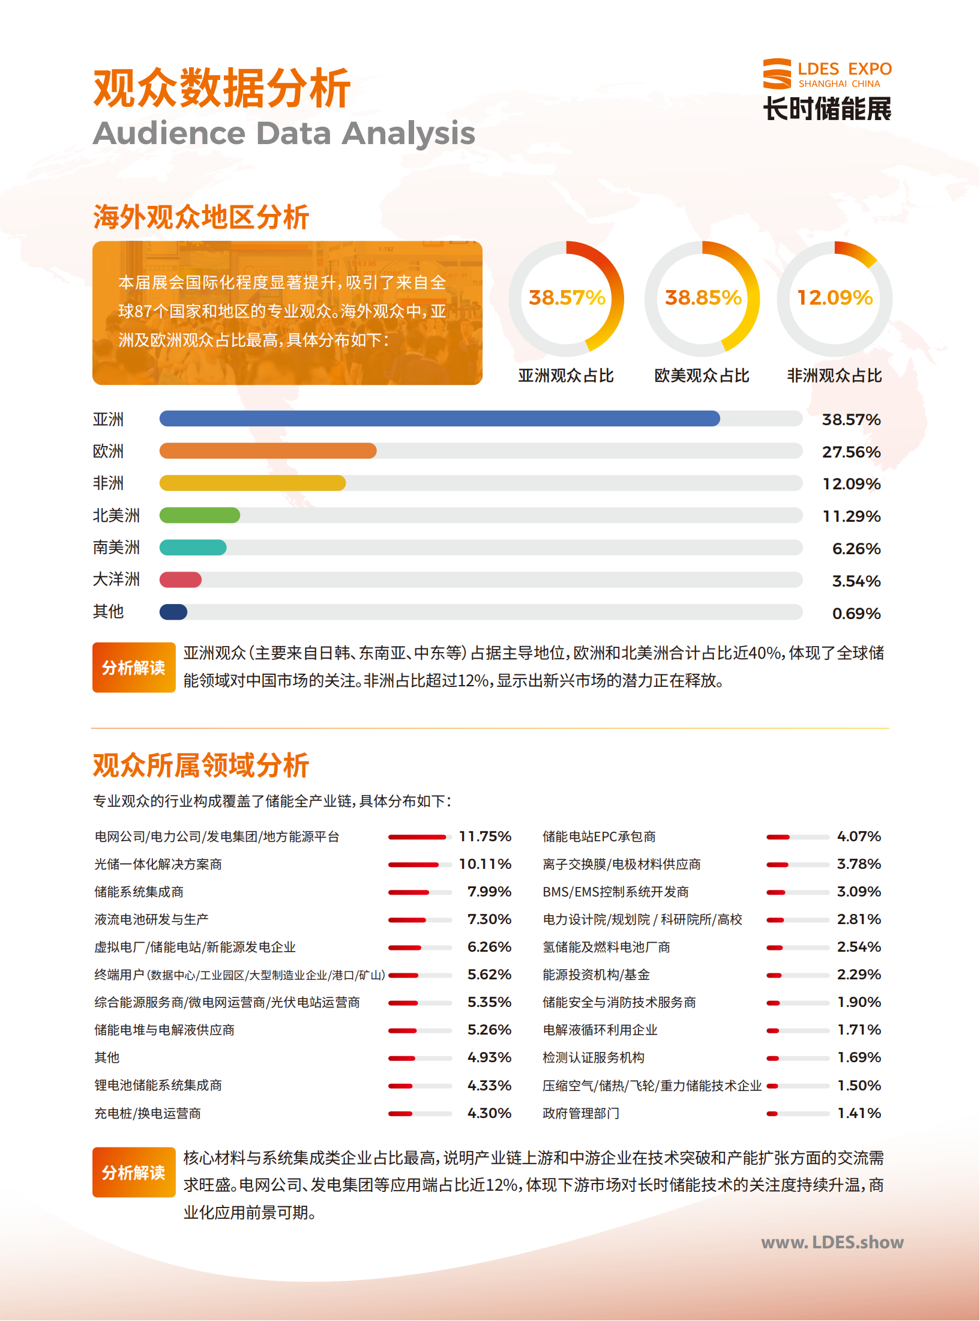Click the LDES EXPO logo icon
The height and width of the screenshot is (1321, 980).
pos(777,74)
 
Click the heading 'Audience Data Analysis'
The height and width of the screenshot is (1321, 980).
pos(284,133)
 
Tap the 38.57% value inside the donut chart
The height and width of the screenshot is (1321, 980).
pos(567,298)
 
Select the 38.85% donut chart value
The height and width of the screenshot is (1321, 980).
pos(703,298)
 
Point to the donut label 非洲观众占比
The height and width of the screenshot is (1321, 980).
pos(835,376)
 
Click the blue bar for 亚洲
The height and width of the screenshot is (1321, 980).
pos(440,419)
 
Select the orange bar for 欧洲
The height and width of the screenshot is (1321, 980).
pos(268,451)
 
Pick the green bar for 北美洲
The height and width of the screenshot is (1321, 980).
pos(200,515)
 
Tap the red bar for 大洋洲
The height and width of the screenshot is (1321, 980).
pos(181,580)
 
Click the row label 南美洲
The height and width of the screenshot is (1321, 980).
pos(116,548)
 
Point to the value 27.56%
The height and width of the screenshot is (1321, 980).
pos(852,452)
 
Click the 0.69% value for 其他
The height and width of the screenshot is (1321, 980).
pos(856,614)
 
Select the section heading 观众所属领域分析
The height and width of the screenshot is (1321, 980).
pos(201,766)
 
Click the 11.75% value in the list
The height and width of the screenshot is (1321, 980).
pos(485,836)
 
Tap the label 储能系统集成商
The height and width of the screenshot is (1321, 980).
pos(139,892)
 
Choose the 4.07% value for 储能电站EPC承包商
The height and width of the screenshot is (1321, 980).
pos(859,836)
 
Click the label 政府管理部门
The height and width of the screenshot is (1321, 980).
pos(581,1113)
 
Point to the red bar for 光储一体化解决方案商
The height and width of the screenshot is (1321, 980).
pos(413,865)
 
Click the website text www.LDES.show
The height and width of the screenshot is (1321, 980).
pos(832,1242)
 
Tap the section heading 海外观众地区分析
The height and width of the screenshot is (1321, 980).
pos(201,217)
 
